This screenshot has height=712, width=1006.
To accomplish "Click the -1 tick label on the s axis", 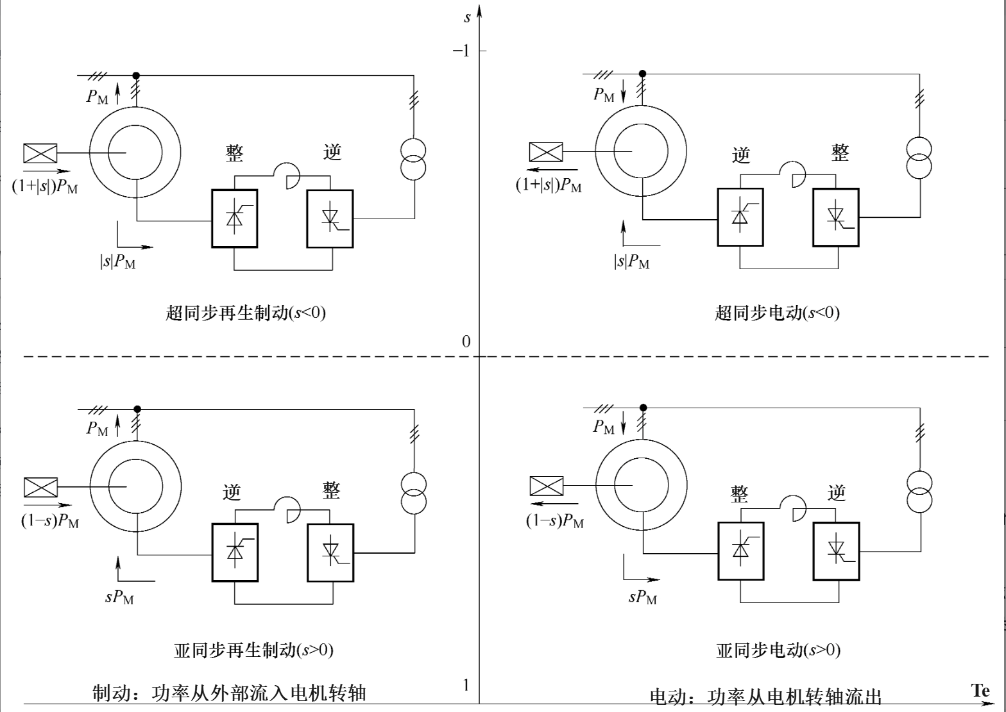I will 461,51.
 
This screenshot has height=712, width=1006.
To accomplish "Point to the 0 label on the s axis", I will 466,342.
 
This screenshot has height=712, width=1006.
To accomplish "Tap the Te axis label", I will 980,690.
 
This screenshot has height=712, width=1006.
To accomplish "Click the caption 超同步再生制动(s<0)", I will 246,313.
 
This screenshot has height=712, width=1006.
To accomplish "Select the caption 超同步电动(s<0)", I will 777,313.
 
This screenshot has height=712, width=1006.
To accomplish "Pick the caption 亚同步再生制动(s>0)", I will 253,650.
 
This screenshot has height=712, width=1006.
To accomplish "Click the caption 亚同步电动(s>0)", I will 778,650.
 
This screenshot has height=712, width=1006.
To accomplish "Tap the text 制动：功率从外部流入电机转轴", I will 229,693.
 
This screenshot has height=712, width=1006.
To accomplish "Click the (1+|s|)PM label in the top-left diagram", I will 45,186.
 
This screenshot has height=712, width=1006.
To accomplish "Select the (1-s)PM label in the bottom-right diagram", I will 555,520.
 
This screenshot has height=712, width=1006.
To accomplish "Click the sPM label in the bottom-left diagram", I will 119,597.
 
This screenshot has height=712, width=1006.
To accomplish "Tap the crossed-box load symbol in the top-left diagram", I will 40,153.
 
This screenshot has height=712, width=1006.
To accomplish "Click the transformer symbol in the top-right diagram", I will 919,157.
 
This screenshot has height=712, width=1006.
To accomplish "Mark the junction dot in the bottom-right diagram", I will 644,408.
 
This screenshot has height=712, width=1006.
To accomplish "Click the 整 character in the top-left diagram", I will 235,153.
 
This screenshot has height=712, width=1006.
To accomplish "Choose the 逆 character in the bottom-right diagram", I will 837,493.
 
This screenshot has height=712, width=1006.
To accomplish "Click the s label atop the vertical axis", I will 467,17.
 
